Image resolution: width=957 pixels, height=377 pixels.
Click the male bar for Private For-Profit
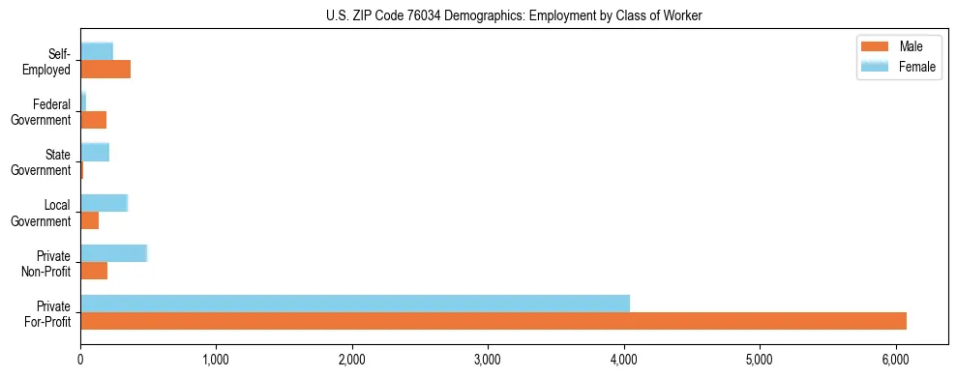click(493, 321)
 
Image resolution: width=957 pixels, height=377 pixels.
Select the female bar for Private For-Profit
click(355, 304)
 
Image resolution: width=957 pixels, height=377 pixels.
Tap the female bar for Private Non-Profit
click(113, 252)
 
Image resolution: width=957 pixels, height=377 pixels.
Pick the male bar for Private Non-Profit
click(94, 271)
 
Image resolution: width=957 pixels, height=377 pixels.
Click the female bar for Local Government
click(104, 202)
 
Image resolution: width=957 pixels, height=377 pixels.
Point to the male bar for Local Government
click(90, 220)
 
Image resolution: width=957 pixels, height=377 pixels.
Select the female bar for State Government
click(95, 152)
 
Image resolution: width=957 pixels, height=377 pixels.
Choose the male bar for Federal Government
click(94, 120)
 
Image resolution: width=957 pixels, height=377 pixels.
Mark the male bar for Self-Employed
click(105, 70)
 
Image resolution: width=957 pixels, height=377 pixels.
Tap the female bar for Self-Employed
click(97, 50)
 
